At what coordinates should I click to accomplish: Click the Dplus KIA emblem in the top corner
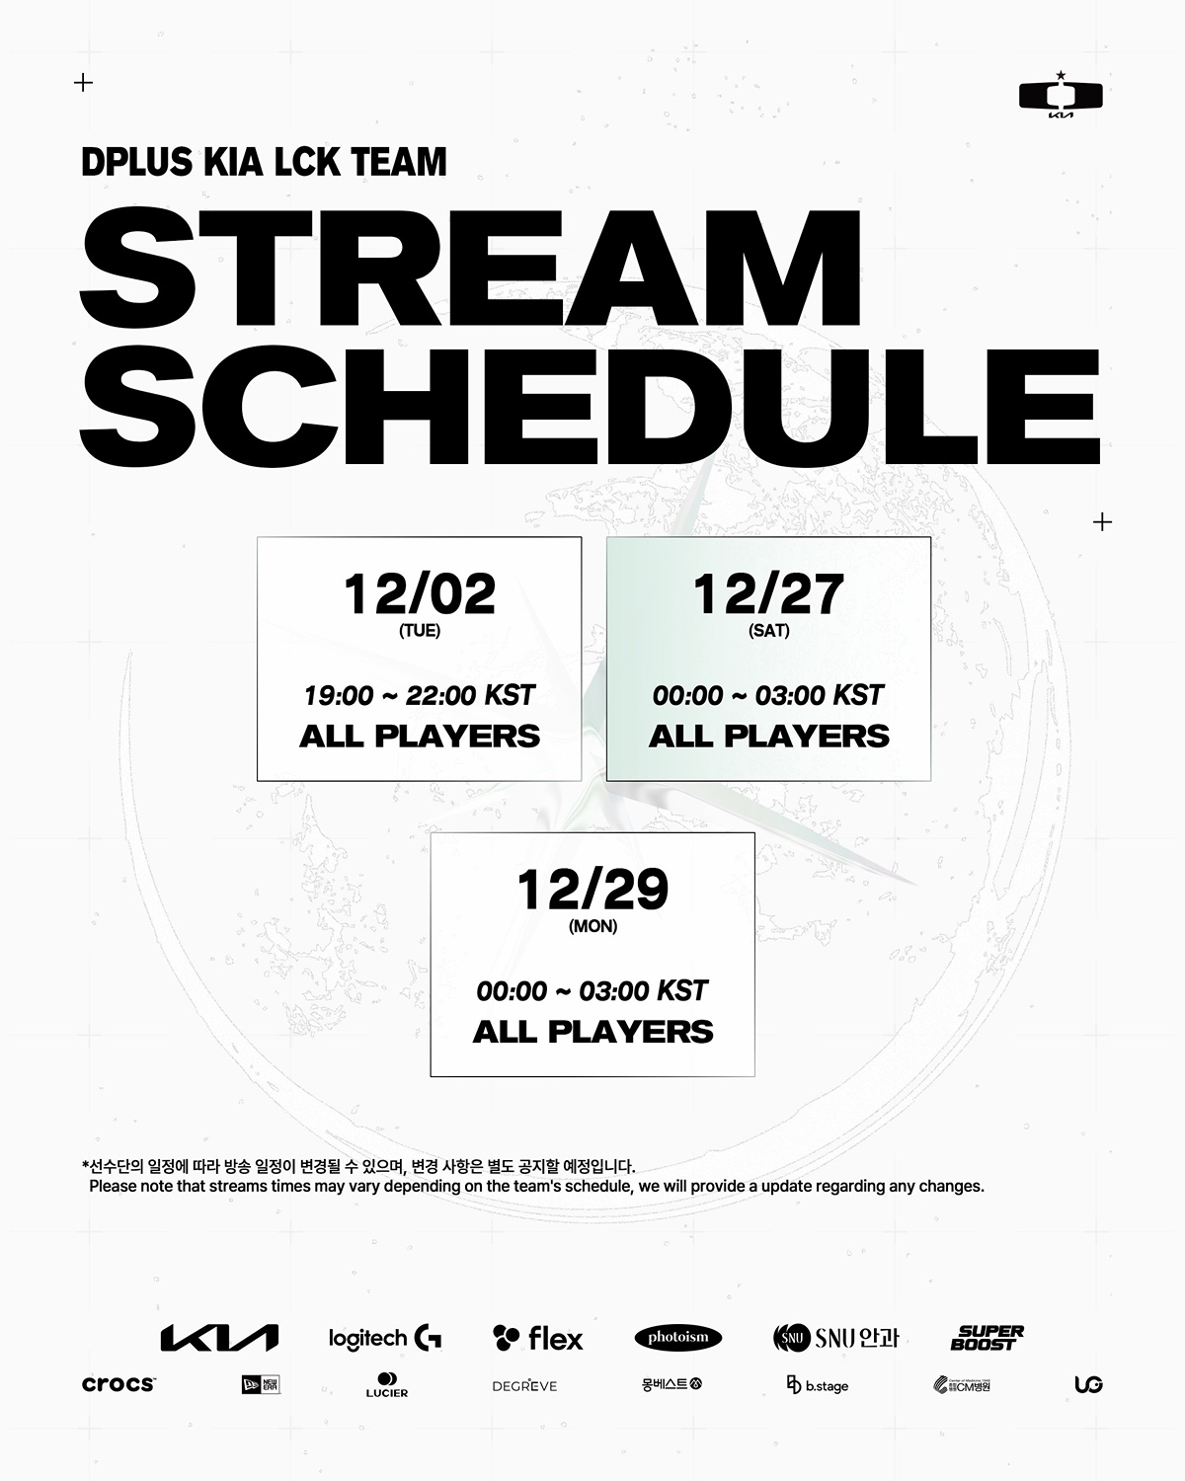(1061, 95)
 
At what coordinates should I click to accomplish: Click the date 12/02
(420, 594)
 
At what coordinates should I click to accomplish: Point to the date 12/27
(768, 594)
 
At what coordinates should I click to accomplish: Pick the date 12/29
(592, 890)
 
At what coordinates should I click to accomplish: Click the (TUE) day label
(420, 631)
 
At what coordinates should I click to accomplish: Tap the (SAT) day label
(768, 631)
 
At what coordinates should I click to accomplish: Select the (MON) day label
(592, 926)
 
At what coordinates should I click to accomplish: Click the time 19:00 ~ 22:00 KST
(420, 695)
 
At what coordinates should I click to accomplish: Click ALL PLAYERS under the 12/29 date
(592, 1032)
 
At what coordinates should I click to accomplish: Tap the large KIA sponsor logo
(219, 1338)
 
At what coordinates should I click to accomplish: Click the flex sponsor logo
(538, 1338)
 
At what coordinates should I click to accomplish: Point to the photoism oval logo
(677, 1337)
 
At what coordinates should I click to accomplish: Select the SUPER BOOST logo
(987, 1337)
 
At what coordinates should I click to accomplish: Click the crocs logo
(118, 1384)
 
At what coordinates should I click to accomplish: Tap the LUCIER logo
(387, 1384)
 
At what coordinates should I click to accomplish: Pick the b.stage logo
(818, 1384)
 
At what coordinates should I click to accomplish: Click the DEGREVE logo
(524, 1385)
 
